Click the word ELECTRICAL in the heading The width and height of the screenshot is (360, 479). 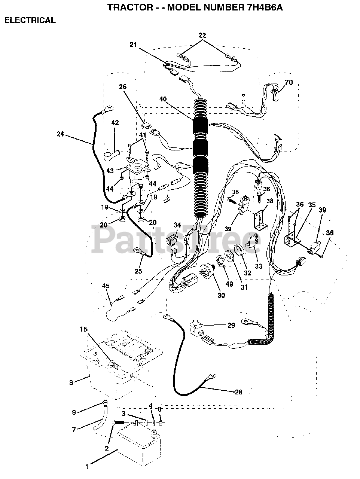(x=30, y=20)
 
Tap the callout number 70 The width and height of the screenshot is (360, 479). (x=289, y=82)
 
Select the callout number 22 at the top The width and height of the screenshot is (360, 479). (x=202, y=35)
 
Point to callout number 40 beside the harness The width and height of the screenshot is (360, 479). (x=163, y=99)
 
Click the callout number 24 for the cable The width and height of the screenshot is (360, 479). (x=60, y=134)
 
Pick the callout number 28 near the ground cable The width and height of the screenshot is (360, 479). (x=238, y=392)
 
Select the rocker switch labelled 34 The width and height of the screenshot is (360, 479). (x=171, y=240)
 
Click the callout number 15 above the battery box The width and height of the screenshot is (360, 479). (x=83, y=329)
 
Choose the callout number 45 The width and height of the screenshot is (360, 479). (x=106, y=286)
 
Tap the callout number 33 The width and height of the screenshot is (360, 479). (x=259, y=266)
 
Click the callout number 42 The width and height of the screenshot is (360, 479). (x=115, y=123)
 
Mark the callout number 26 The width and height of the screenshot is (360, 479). (x=123, y=87)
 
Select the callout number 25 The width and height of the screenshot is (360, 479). (x=138, y=271)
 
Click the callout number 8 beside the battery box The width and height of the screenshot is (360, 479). (x=71, y=383)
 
